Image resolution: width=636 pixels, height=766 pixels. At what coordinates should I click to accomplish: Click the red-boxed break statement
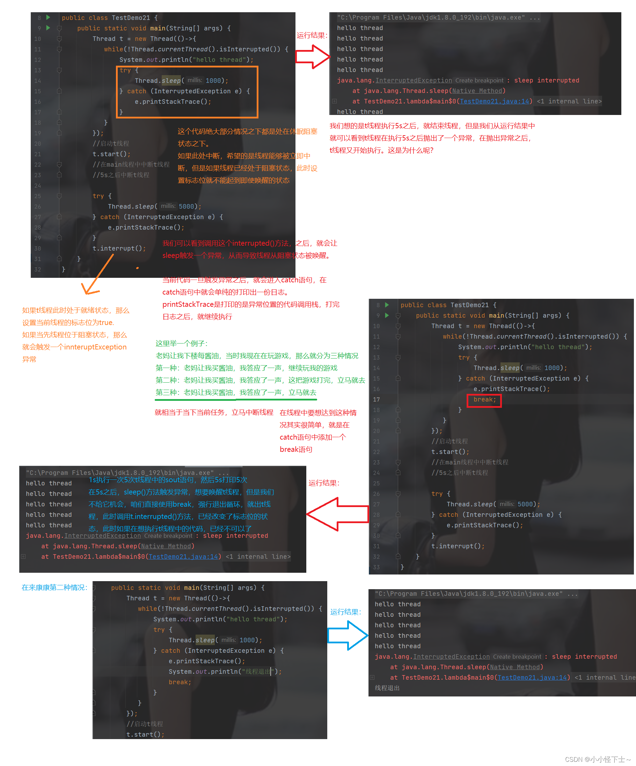484,400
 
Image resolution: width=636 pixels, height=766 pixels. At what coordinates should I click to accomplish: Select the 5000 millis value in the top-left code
186,207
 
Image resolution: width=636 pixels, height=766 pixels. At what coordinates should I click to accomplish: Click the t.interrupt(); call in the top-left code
119,248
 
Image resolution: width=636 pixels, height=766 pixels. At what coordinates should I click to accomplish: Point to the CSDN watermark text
597,759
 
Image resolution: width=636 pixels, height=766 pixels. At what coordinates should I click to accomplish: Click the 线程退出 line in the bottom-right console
387,688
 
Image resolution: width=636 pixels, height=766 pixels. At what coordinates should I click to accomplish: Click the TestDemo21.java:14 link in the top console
494,101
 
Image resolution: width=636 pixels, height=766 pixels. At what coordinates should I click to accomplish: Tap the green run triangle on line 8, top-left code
48,17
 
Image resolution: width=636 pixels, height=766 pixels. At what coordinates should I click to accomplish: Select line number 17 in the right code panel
376,400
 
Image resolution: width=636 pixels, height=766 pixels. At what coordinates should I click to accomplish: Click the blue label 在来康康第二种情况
54,588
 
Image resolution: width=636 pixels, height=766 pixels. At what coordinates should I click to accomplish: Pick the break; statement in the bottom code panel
180,682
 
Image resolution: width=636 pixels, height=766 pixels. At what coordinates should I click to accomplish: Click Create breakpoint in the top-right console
479,81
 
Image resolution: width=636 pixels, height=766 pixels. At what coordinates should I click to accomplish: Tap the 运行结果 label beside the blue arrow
345,612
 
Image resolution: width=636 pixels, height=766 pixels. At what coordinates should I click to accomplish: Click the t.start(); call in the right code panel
450,452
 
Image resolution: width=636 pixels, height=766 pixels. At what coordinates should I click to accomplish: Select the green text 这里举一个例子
182,344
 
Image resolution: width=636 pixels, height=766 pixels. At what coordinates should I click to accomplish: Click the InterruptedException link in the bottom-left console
102,536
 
